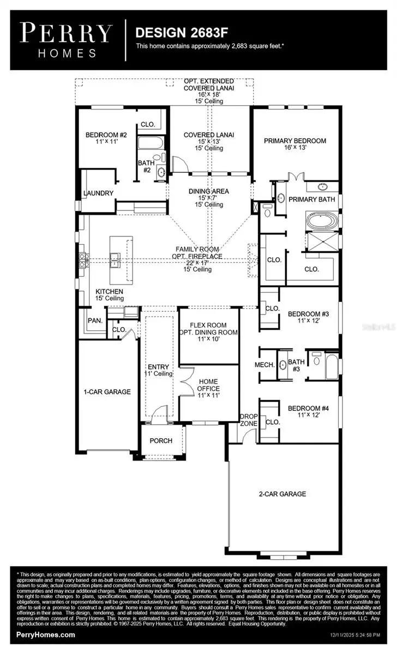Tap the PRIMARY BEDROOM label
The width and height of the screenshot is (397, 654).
click(x=295, y=141)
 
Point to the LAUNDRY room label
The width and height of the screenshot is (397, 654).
click(x=98, y=193)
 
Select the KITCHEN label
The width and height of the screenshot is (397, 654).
click(x=110, y=292)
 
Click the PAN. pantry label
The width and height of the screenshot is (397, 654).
click(x=95, y=321)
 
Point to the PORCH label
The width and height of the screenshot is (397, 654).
click(x=161, y=440)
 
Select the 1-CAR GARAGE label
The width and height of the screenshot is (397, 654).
click(x=107, y=391)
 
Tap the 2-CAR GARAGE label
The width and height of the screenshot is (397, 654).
click(x=282, y=494)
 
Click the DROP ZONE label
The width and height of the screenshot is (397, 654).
click(x=249, y=420)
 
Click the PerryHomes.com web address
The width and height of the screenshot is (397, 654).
click(x=46, y=635)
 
